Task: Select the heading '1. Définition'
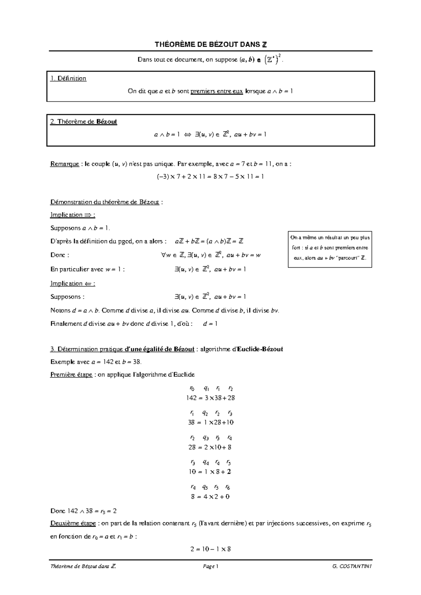point(68,78)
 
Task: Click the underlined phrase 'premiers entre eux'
point(216,91)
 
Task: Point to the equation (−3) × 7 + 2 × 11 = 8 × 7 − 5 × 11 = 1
point(210,176)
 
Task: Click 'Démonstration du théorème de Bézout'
point(105,202)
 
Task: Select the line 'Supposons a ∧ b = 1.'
point(80,228)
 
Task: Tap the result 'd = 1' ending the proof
point(210,324)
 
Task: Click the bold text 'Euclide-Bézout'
point(260,349)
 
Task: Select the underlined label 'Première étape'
point(71,375)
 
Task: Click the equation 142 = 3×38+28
point(210,398)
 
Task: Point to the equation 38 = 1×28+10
point(210,423)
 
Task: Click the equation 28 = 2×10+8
point(210,447)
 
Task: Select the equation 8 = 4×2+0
point(210,497)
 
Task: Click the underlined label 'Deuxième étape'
point(73,524)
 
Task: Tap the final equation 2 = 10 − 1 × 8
point(210,549)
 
